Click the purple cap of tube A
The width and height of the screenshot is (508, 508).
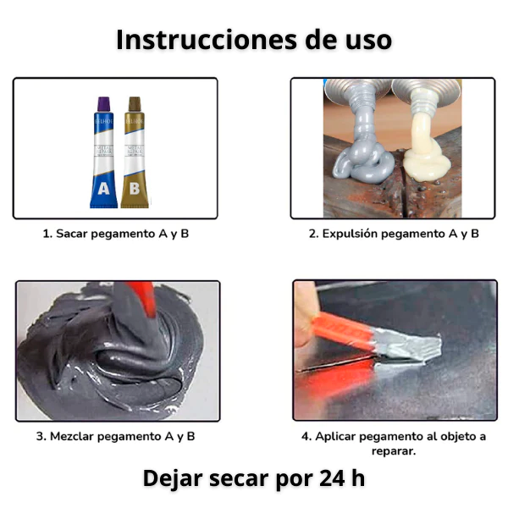[x=103, y=105]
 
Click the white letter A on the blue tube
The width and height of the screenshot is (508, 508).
[x=103, y=190]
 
